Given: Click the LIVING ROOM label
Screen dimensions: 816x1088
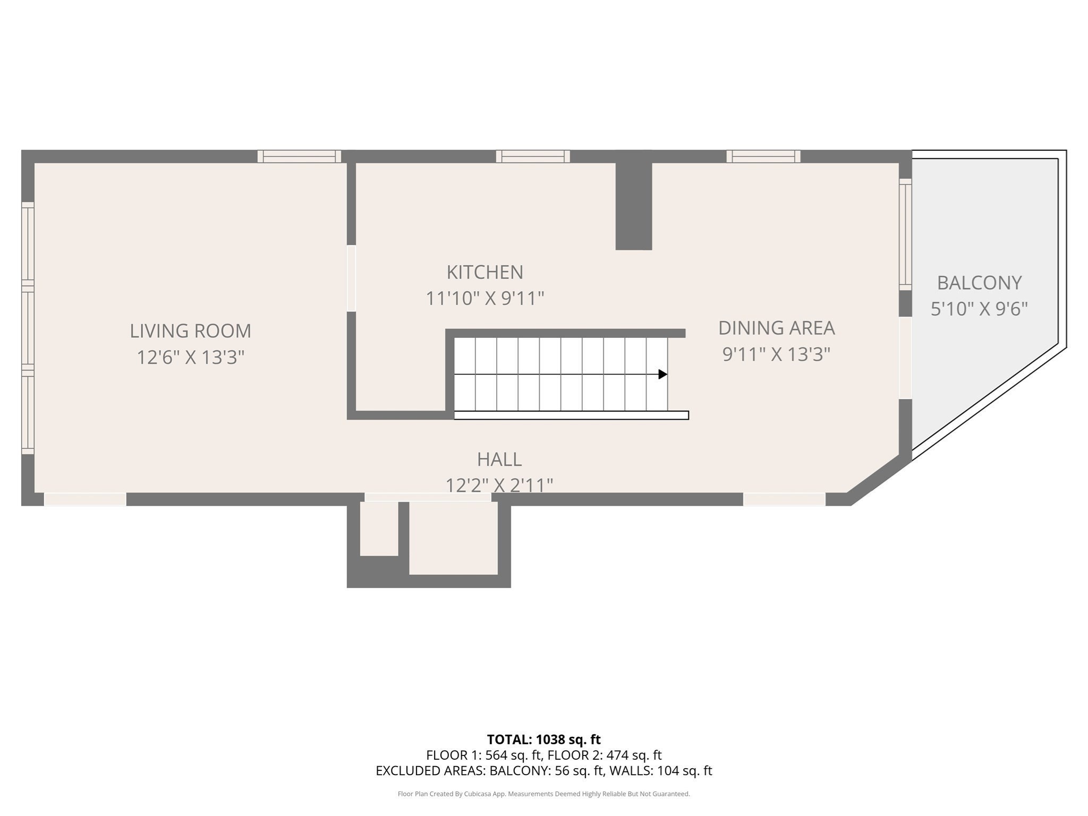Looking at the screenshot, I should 190,331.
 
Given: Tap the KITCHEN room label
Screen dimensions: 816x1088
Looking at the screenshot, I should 484,272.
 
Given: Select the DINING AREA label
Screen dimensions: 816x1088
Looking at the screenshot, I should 776,328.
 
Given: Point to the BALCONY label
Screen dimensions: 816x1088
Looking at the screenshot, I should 979,283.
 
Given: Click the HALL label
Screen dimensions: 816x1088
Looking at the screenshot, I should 499,459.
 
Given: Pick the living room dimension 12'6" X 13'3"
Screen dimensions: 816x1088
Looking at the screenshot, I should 190,357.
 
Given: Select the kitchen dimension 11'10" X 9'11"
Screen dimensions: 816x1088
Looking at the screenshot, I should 484,299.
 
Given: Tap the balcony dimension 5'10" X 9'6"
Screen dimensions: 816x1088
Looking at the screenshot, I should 979,309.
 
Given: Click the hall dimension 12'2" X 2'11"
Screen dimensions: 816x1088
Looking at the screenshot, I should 499,485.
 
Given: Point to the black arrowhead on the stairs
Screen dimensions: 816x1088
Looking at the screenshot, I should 662,374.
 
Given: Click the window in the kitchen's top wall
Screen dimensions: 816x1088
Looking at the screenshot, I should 533,156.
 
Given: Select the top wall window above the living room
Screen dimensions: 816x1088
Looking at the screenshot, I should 299,156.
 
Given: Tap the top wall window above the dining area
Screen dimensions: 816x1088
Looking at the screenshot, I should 763,156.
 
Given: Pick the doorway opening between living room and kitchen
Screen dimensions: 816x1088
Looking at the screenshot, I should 351,278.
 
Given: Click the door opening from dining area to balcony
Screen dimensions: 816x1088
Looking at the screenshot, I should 905,358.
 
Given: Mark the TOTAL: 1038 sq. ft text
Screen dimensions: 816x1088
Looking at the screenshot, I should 543,739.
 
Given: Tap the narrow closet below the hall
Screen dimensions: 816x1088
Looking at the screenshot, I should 379,529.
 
